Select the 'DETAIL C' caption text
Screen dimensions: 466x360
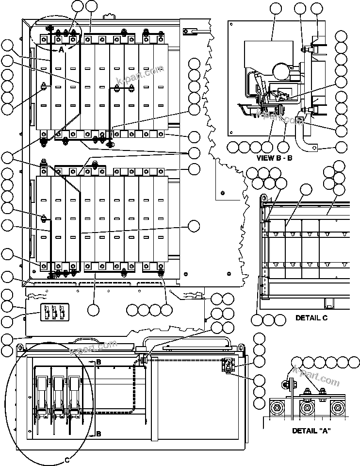pyautogui.click(x=311, y=318)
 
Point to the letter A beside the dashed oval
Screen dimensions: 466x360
pyautogui.click(x=61, y=50)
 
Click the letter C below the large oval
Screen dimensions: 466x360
pyautogui.click(x=67, y=459)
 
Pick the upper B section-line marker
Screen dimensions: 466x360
pyautogui.click(x=98, y=362)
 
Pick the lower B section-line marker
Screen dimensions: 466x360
pyautogui.click(x=98, y=433)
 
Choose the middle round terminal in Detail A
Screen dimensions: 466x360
pyautogui.click(x=306, y=407)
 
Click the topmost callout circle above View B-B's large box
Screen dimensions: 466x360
pyautogui.click(x=275, y=8)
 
